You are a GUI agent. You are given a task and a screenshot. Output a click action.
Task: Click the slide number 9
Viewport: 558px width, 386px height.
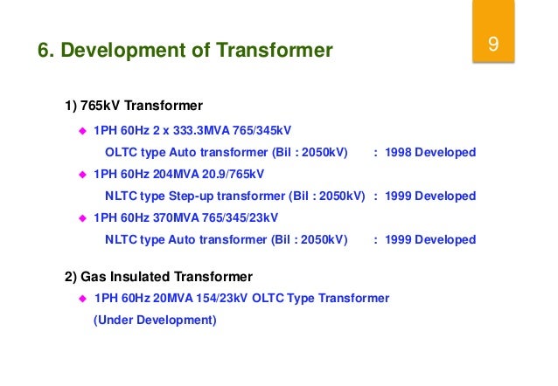tap(493, 45)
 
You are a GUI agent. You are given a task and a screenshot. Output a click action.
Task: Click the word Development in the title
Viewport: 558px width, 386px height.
tap(131, 51)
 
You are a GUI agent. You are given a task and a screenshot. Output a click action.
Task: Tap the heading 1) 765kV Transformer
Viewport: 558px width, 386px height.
tap(134, 107)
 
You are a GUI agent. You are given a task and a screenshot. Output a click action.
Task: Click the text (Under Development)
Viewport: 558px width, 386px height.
tap(154, 321)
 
